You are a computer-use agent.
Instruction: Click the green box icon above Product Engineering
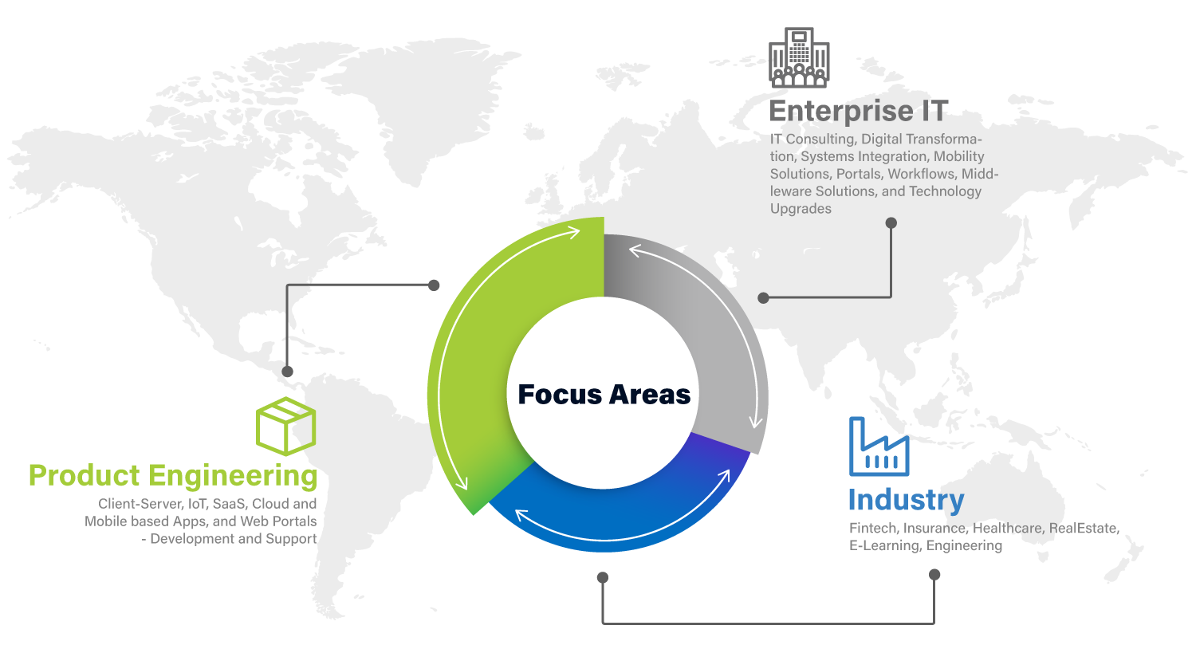point(285,426)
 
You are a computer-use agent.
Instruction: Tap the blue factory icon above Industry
point(879,446)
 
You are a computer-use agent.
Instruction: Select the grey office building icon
point(799,57)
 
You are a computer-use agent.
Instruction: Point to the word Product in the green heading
point(85,475)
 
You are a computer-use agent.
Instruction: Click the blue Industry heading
point(907,500)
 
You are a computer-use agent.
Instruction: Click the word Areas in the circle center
point(650,395)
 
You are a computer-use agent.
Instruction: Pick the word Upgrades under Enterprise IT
point(801,209)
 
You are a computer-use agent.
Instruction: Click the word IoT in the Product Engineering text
point(197,504)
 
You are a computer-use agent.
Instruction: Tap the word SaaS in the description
point(230,504)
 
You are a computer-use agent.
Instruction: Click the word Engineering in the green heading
point(233,475)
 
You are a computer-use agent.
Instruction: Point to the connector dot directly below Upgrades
point(891,222)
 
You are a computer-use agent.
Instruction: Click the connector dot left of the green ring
point(434,285)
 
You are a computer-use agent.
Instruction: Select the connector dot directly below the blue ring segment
point(603,577)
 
